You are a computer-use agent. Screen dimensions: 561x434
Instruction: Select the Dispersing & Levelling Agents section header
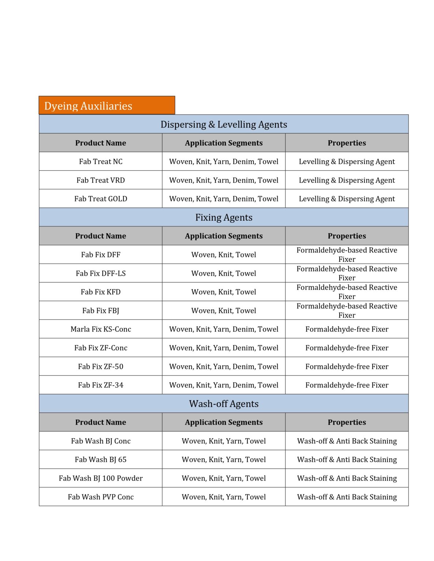coord(223,125)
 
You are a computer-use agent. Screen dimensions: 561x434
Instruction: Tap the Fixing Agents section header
coord(223,217)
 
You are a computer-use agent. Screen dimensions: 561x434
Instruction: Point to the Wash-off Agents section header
coord(223,404)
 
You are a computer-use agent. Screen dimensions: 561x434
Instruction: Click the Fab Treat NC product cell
coord(101,161)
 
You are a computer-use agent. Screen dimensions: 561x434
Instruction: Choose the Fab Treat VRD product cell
coord(101,180)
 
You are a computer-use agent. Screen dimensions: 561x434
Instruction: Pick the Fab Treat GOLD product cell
coord(101,199)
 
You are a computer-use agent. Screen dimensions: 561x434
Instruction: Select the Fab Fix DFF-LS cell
coord(101,273)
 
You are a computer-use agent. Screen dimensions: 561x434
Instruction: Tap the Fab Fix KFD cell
coord(101,292)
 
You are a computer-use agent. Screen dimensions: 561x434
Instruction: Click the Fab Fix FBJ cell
coord(101,310)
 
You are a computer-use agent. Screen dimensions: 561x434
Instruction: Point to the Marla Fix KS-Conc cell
coord(101,329)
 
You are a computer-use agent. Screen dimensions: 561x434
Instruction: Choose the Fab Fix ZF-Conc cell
coord(101,348)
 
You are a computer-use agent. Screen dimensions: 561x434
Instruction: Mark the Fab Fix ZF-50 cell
coord(101,366)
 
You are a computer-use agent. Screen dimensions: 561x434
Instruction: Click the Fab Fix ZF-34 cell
coord(101,385)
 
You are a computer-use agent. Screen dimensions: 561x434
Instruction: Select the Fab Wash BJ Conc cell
coord(101,441)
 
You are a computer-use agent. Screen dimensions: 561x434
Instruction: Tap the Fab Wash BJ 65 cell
coord(101,459)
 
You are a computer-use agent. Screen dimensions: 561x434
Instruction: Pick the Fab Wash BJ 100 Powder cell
coord(101,478)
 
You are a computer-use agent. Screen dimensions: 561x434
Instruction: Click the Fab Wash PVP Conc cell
coord(101,497)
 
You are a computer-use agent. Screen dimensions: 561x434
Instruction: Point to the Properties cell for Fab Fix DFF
coord(347,255)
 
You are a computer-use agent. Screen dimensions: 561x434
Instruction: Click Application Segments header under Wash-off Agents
coord(223,422)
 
